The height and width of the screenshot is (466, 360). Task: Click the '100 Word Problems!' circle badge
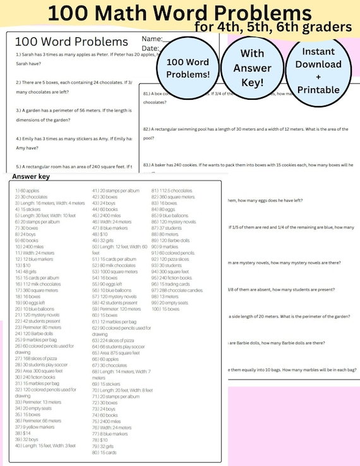click(187, 68)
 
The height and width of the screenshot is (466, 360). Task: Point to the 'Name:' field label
click(152, 40)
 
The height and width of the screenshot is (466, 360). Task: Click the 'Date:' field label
click(150, 48)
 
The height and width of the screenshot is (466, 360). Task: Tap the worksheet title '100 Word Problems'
click(69, 42)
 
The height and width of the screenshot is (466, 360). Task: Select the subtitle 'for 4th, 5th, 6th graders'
click(273, 27)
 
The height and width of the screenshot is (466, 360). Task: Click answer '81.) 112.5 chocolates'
click(172, 190)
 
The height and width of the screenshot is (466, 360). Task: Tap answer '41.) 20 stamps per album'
click(116, 190)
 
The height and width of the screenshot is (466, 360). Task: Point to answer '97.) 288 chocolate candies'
click(177, 289)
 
